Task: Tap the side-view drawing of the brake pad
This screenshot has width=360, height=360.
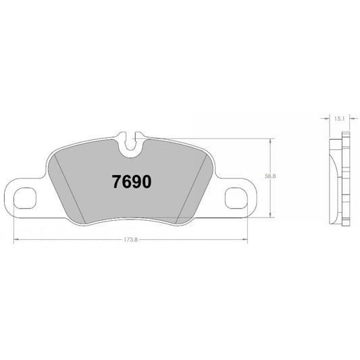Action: click(339, 179)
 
